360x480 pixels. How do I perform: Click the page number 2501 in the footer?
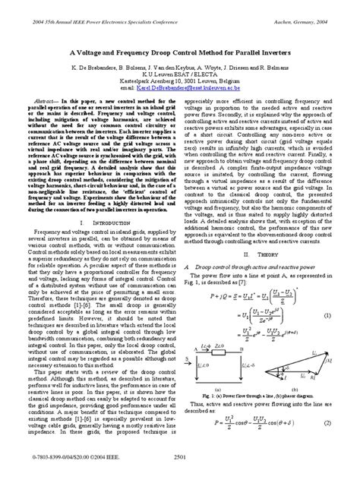click(x=179, y=458)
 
